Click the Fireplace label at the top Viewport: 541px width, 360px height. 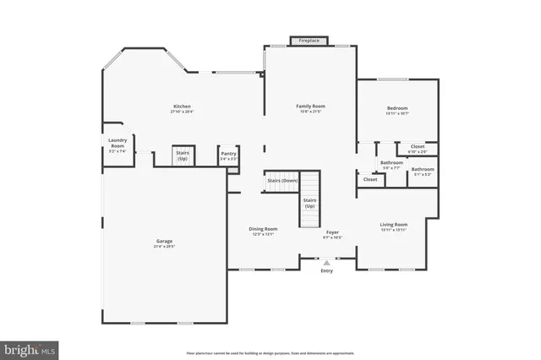coord(309,40)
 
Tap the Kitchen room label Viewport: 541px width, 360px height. coord(181,106)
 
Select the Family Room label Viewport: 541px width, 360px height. coord(310,106)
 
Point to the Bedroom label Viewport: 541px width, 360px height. coord(397,108)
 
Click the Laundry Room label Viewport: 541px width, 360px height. coord(117,144)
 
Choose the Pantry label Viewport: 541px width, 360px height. coord(228,154)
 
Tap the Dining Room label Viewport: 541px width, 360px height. coord(263,228)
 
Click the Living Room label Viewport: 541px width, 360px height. coord(394,224)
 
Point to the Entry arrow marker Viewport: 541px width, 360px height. coord(326,263)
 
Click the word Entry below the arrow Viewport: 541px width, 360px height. coord(326,270)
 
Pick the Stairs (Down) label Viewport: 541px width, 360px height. coord(282,181)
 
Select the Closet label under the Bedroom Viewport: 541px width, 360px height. coord(418,147)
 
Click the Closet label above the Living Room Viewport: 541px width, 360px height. coord(370,179)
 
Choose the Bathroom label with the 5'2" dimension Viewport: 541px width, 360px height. coord(423,170)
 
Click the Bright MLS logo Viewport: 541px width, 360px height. coord(30,347)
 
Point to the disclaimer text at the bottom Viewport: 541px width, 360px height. coord(270,351)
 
